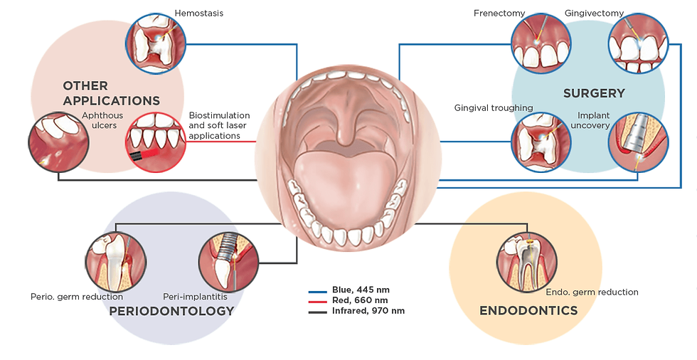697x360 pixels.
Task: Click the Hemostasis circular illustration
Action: click(156, 44)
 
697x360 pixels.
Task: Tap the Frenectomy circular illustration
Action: click(541, 43)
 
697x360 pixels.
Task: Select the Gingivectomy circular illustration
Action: click(637, 43)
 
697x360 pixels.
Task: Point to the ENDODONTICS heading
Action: click(528, 310)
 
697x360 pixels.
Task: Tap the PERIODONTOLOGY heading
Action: click(171, 311)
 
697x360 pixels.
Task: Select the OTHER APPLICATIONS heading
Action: click(111, 93)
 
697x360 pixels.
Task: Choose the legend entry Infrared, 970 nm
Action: click(367, 312)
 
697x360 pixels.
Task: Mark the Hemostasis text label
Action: click(199, 13)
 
